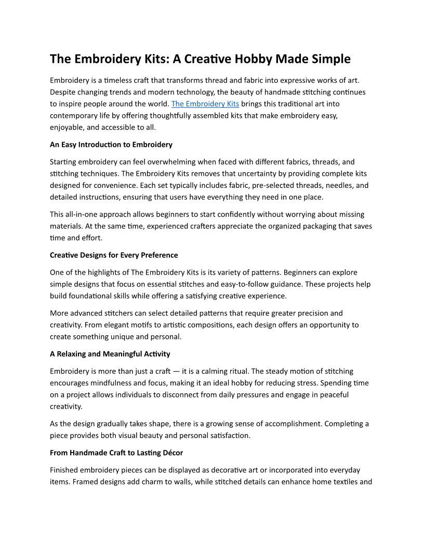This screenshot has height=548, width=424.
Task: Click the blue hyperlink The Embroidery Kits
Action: pyautogui.click(x=205, y=104)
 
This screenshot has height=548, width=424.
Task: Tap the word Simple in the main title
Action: pyautogui.click(x=331, y=59)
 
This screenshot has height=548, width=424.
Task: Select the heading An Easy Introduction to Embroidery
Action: pyautogui.click(x=111, y=144)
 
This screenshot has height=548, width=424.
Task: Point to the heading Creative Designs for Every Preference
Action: pyautogui.click(x=114, y=255)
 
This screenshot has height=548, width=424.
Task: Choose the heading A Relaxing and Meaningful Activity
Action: pyautogui.click(x=110, y=354)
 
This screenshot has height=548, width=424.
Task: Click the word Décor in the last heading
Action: pyautogui.click(x=171, y=453)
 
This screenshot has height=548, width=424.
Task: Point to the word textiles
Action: pyautogui.click(x=343, y=482)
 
